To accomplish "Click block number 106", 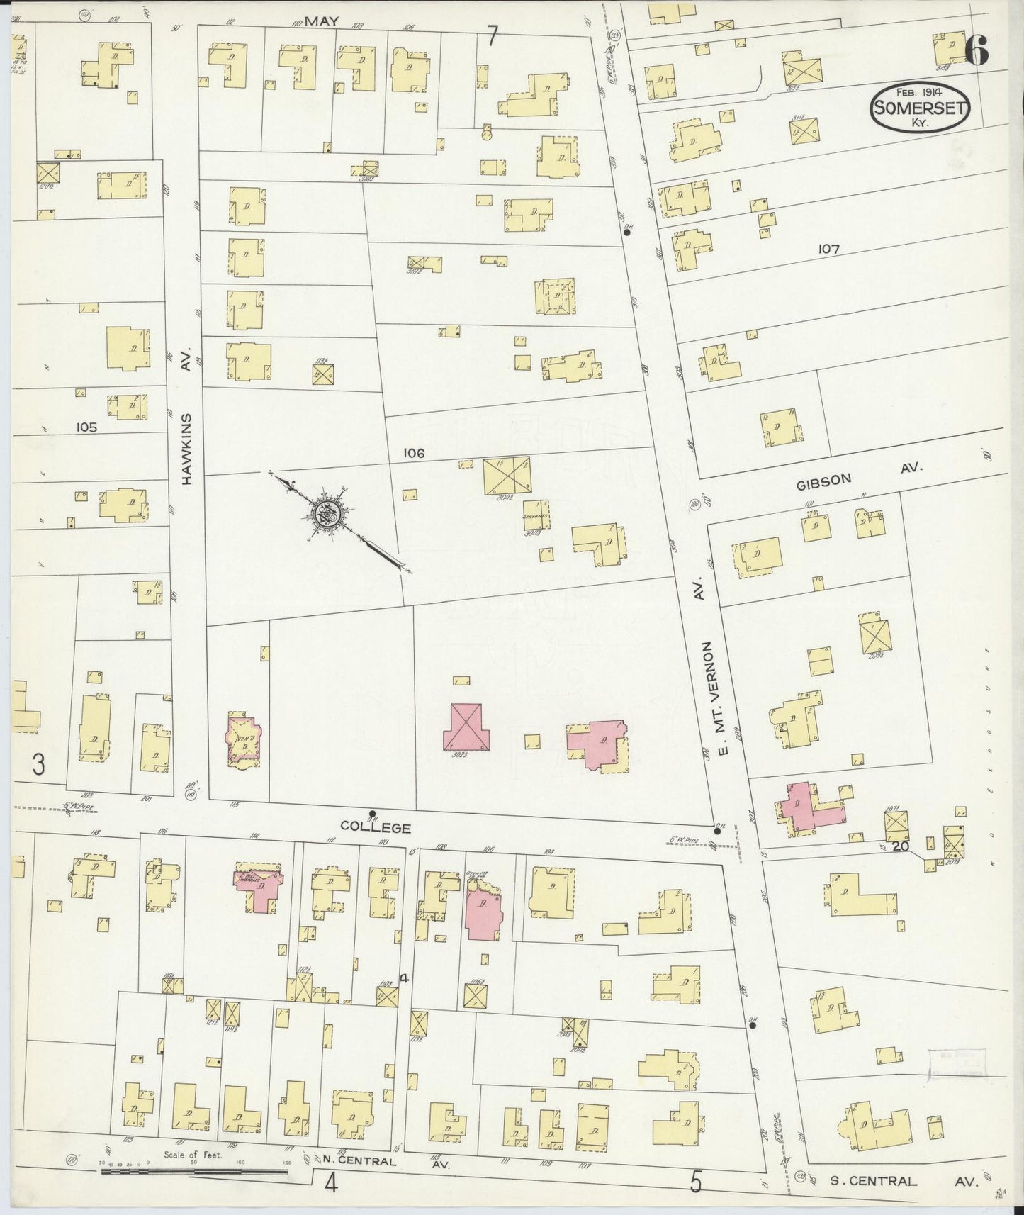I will click(x=413, y=453).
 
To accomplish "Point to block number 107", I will click(x=828, y=250).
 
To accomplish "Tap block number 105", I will click(x=88, y=427).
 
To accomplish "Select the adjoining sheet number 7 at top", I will click(x=493, y=35).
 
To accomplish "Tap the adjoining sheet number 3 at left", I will click(x=39, y=764).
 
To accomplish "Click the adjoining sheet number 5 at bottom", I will click(x=697, y=1182).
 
